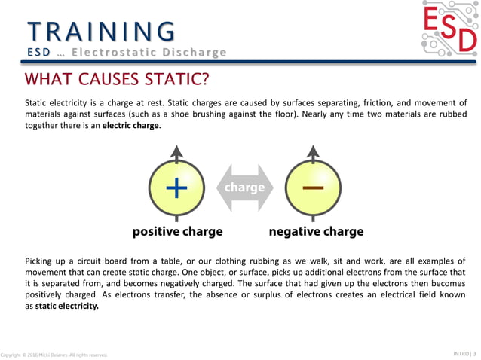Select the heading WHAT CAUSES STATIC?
point(117,79)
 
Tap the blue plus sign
point(176,188)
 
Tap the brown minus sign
point(313,187)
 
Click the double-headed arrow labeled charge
point(245,187)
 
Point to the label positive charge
point(177,231)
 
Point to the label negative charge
point(316,231)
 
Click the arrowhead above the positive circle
point(176,153)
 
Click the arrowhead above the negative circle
point(313,153)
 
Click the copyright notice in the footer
point(54,354)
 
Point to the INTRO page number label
point(461,352)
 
